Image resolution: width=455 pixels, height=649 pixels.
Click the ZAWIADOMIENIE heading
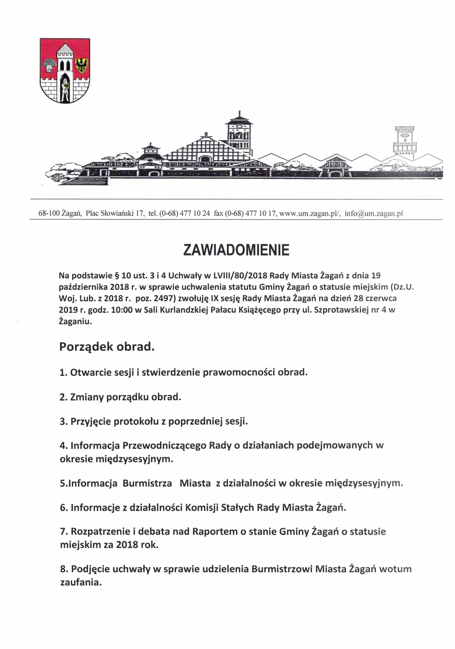point(236,250)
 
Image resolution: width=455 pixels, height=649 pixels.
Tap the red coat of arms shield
point(65,71)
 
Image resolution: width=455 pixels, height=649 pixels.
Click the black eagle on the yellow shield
point(82,66)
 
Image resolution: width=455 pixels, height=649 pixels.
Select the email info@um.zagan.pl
point(374,214)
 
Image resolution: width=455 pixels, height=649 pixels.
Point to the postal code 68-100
point(49,214)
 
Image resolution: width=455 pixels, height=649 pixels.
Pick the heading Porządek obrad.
point(107,347)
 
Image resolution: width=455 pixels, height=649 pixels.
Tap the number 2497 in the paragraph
point(163,298)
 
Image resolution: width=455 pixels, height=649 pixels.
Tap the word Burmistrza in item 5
point(147,483)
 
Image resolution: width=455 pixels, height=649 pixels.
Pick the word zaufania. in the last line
point(81,582)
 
